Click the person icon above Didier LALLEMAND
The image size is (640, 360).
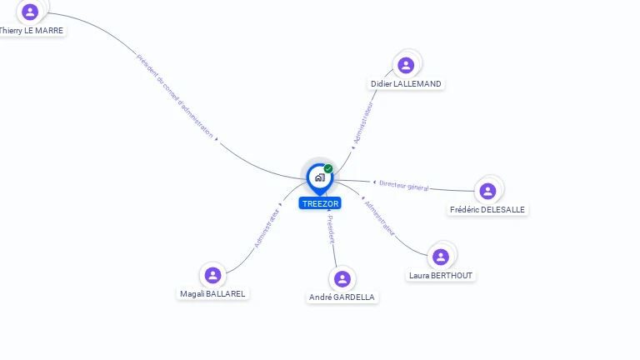pyautogui.click(x=406, y=65)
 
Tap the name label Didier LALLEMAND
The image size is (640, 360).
pyautogui.click(x=406, y=83)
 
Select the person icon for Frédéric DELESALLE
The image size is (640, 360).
pyautogui.click(x=487, y=191)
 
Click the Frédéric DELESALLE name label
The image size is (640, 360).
pyautogui.click(x=487, y=209)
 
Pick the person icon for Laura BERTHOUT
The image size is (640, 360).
pyautogui.click(x=441, y=257)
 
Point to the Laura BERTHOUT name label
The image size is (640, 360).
pyautogui.click(x=441, y=275)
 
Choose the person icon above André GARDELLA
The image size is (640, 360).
pyautogui.click(x=342, y=278)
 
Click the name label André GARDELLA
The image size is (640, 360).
pyautogui.click(x=342, y=297)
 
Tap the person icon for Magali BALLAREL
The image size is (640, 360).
pyautogui.click(x=212, y=275)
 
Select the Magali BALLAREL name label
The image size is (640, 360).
pyautogui.click(x=212, y=293)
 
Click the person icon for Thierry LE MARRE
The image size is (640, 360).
pyautogui.click(x=31, y=12)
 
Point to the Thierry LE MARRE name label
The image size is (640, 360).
pyautogui.click(x=32, y=30)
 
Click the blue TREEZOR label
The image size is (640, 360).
pyautogui.click(x=320, y=203)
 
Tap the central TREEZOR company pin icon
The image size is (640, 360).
pyautogui.click(x=319, y=177)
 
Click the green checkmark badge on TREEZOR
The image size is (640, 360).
pyautogui.click(x=328, y=169)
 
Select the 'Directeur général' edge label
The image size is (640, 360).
pyautogui.click(x=403, y=185)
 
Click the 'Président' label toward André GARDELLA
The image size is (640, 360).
pyautogui.click(x=330, y=228)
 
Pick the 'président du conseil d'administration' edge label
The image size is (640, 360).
pyautogui.click(x=175, y=95)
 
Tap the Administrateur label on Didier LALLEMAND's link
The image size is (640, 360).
pyautogui.click(x=363, y=123)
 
